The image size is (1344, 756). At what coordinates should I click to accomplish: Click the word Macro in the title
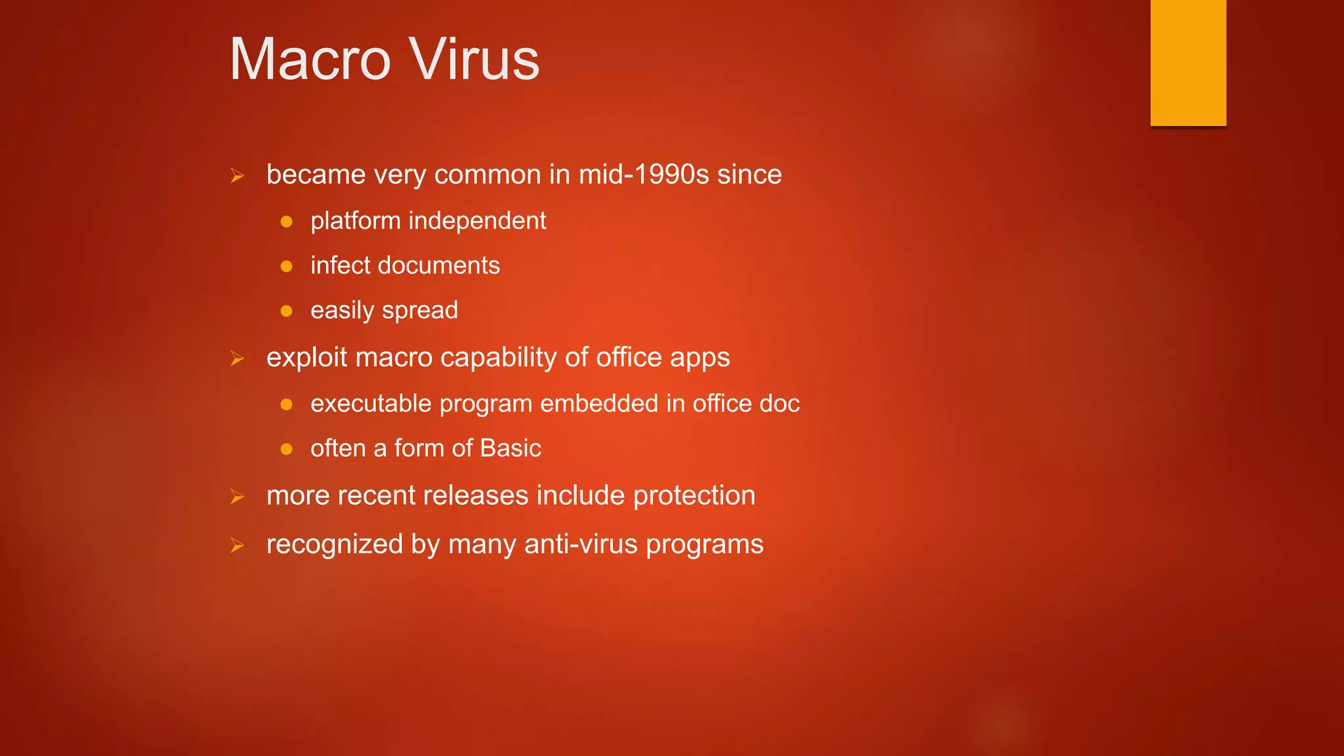click(310, 60)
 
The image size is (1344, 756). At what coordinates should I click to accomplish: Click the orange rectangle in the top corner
click(1188, 62)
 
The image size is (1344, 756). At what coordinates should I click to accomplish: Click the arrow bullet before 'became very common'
click(237, 176)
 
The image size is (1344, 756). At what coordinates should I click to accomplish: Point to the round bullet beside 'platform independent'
click(286, 222)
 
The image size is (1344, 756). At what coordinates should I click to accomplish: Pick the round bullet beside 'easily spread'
click(286, 311)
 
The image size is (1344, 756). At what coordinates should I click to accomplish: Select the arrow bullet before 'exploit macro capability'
click(237, 358)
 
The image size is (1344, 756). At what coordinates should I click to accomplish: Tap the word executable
click(371, 404)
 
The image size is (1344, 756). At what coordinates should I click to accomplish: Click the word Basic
click(510, 448)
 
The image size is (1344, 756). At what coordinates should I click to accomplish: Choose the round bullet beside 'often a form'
click(286, 450)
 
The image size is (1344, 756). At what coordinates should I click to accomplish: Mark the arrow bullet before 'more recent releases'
click(237, 497)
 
